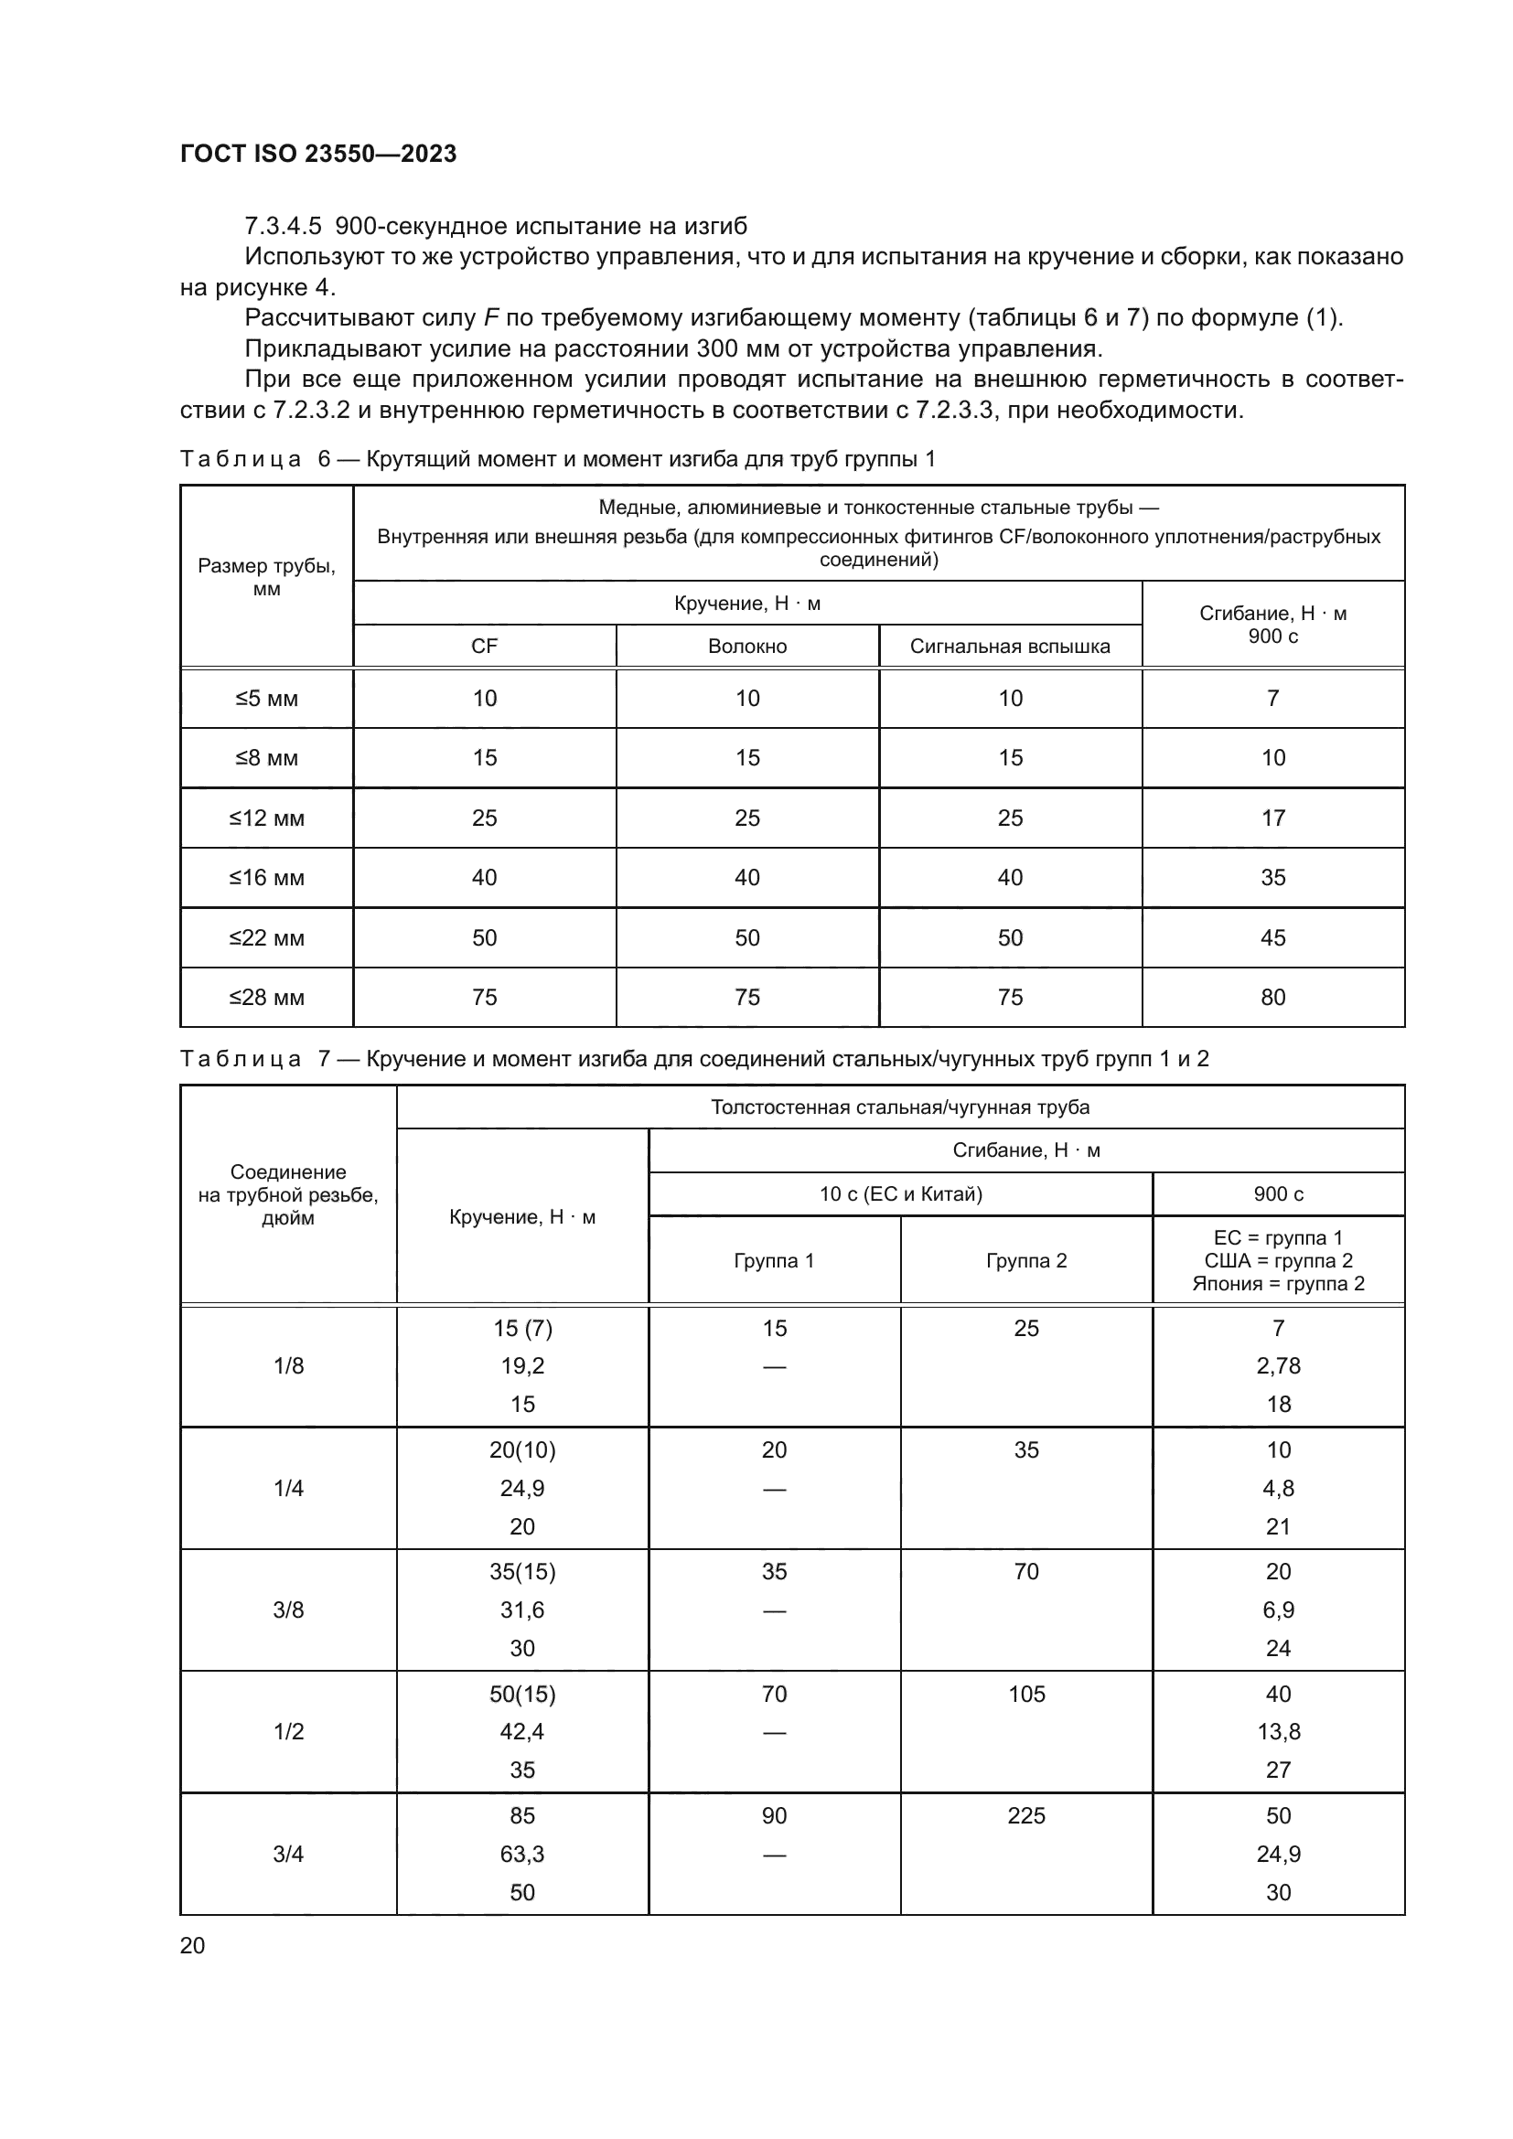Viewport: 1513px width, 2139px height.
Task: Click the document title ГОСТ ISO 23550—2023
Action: coord(317,154)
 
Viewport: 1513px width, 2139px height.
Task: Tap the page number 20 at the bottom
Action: coord(192,1945)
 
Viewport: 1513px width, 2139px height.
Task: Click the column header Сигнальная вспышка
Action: coord(1010,647)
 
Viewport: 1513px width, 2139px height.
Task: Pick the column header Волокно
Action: coord(747,647)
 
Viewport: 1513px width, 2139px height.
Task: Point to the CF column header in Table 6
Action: coord(485,647)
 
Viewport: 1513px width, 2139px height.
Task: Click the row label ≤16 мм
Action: coord(266,878)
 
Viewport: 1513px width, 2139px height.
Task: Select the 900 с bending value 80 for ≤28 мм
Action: coord(1272,998)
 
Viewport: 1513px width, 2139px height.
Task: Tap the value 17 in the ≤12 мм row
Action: coord(1272,818)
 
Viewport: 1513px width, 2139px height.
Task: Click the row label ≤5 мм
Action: coord(266,699)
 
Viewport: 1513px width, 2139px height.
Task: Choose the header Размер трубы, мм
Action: coord(266,578)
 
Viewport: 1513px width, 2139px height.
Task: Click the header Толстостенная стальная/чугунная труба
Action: coord(900,1107)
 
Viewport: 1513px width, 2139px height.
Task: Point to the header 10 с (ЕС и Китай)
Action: coord(900,1194)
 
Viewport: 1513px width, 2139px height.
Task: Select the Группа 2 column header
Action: coord(1025,1260)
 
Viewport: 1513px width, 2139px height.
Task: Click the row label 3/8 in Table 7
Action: coord(288,1610)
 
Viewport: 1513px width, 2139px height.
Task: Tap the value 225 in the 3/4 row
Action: coord(1025,1816)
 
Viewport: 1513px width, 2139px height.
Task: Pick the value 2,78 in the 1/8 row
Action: coord(1278,1365)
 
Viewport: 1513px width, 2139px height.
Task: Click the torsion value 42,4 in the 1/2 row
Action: coord(521,1732)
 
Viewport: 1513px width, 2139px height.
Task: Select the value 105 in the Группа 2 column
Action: coord(1025,1694)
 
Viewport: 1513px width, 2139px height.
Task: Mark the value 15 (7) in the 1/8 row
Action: coord(521,1329)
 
